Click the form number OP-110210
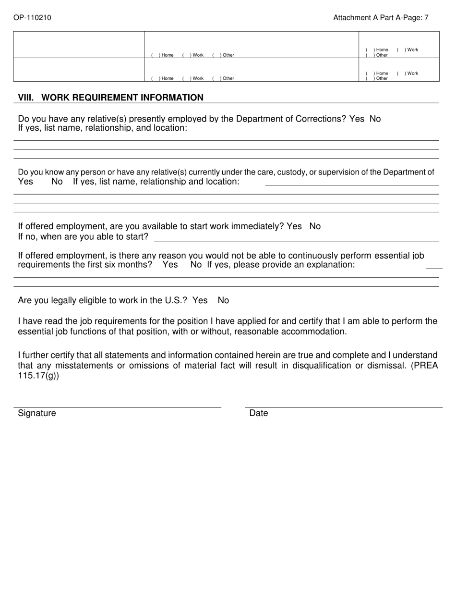pos(32,18)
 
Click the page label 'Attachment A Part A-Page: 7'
pos(381,18)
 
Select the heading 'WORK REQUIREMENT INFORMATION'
pos(122,98)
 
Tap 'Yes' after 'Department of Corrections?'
pos(357,119)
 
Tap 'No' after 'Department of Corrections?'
pos(375,119)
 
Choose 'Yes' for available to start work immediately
pos(294,226)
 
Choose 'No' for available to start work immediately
pos(315,226)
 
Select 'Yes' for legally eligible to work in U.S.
pos(200,300)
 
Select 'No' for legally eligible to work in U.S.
pos(223,300)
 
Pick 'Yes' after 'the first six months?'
pos(170,265)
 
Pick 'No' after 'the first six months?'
pos(196,265)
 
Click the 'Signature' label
pos(37,413)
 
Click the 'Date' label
pos(259,413)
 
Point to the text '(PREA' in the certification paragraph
pos(424,366)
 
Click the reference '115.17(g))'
pos(38,376)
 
